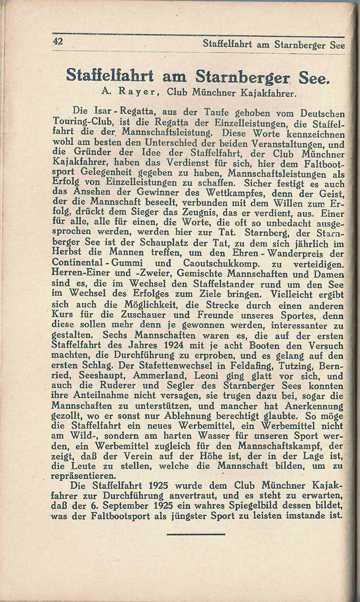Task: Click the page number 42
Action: point(57,41)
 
